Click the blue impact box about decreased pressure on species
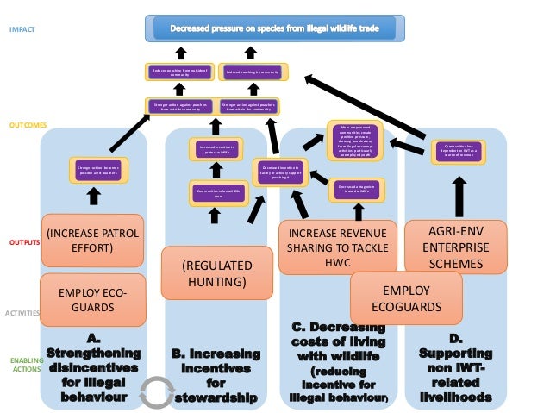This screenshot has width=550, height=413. pos(274,28)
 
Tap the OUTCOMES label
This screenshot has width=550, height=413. pos(28,125)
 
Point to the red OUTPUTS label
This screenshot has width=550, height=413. pos(25,243)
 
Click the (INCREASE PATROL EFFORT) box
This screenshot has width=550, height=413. pos(93,241)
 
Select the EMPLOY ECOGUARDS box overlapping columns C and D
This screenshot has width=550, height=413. pos(404,298)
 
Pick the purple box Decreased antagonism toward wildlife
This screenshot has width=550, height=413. pos(354,188)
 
